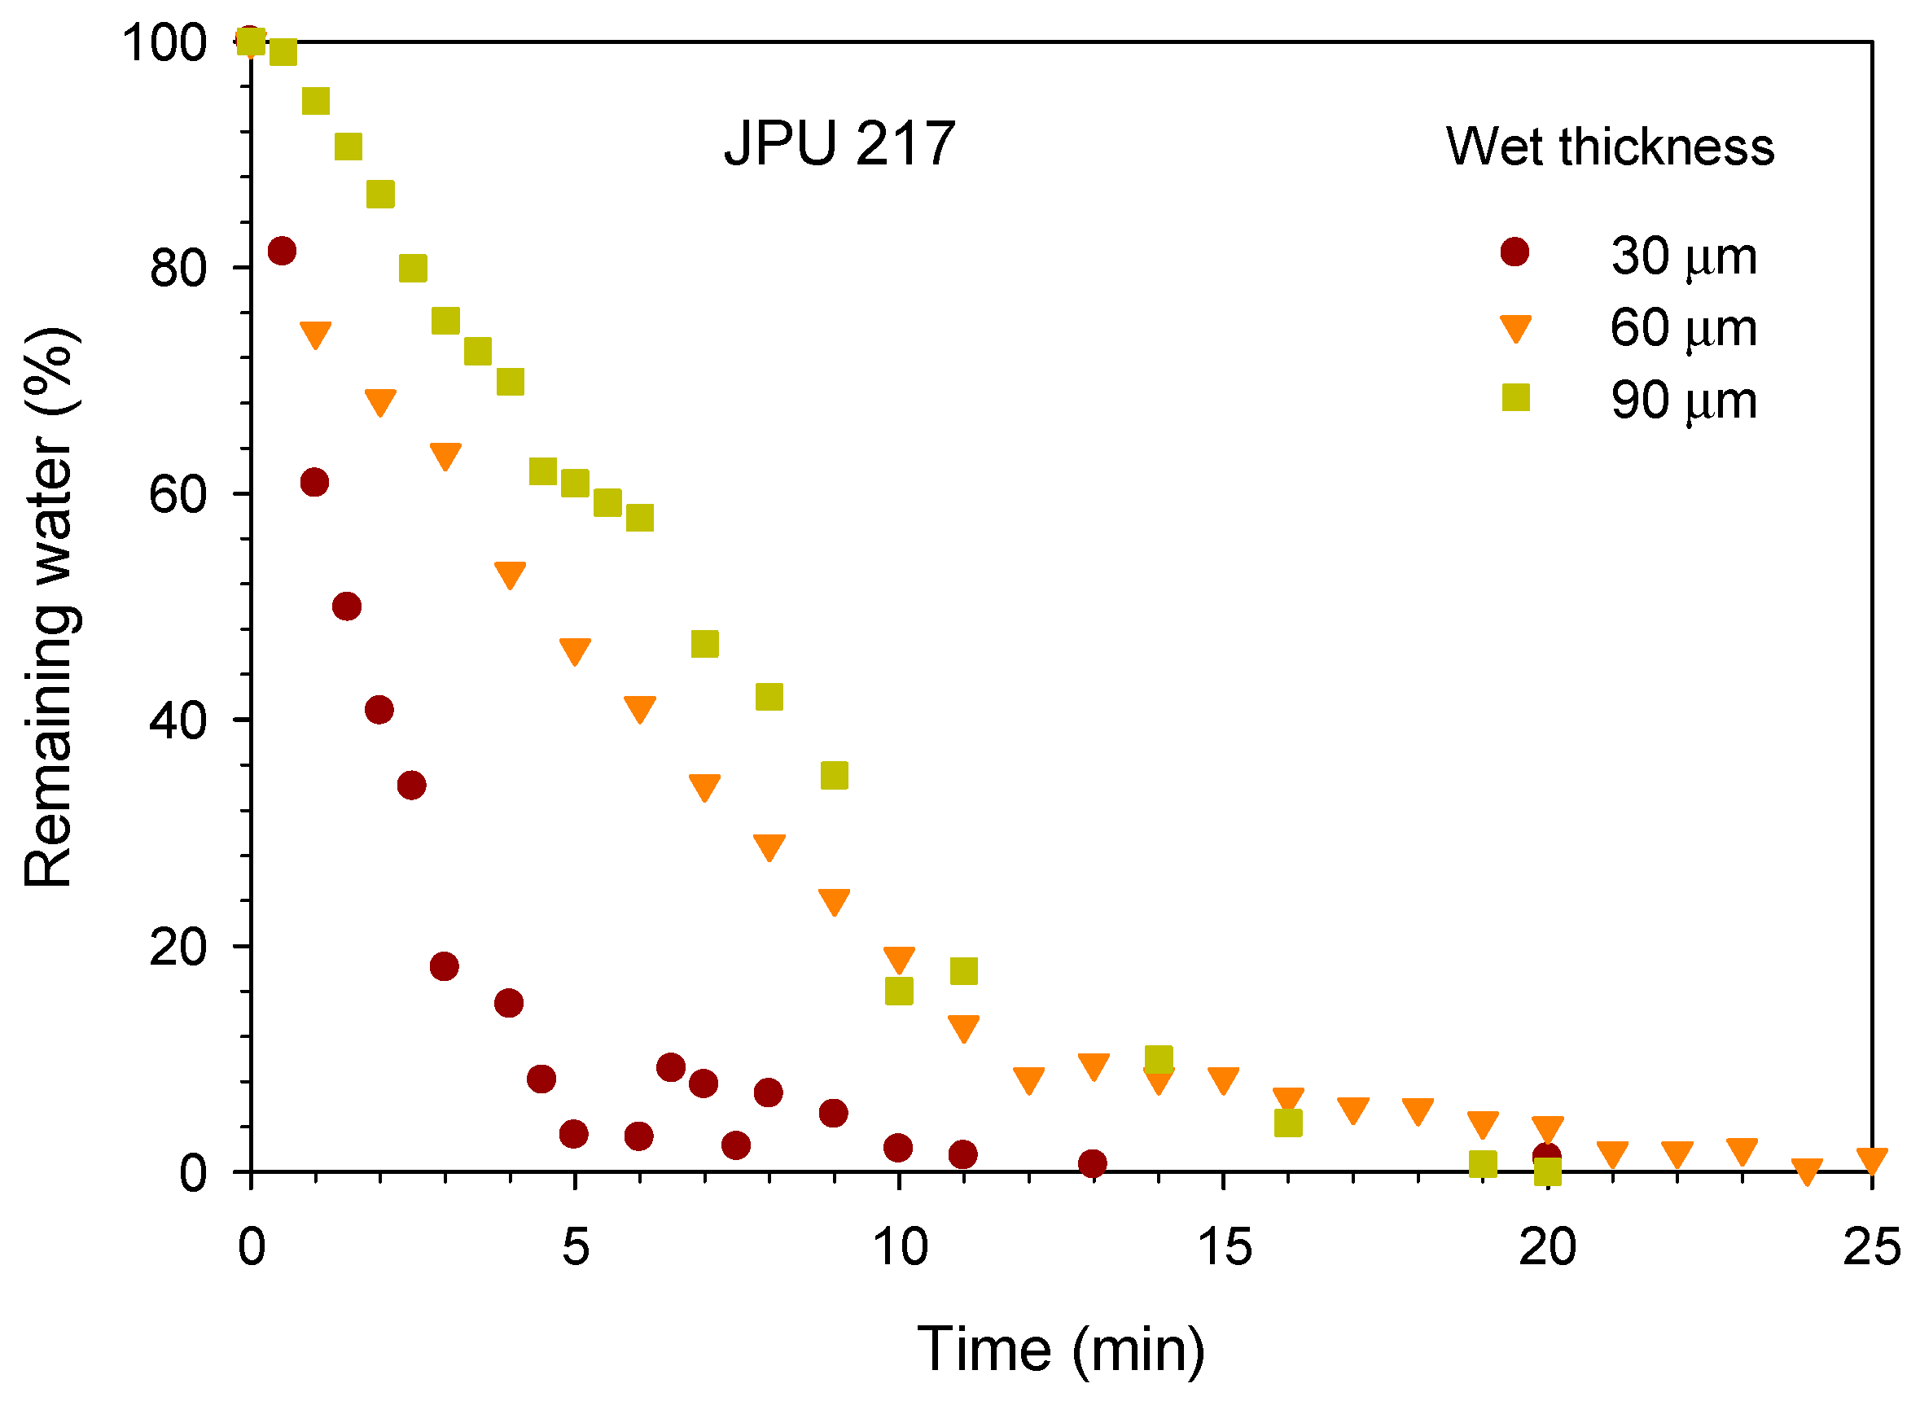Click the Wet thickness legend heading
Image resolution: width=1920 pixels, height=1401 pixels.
pos(1610,146)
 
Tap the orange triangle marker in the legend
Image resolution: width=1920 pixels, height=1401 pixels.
pos(1515,328)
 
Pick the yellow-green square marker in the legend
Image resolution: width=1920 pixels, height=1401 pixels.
pos(1515,397)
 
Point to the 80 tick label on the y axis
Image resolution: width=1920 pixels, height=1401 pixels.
pos(178,268)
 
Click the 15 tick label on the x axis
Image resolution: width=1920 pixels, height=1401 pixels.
pos(1224,1246)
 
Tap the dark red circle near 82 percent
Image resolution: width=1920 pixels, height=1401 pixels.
pos(282,251)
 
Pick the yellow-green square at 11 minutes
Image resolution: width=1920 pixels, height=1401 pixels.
pos(963,970)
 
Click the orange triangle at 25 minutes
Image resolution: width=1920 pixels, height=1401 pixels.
pos(1872,1159)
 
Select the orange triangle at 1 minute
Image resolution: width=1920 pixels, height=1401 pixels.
pos(315,333)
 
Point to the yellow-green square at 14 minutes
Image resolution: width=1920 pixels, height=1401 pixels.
pos(1159,1059)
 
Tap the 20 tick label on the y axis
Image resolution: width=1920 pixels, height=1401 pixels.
pos(178,947)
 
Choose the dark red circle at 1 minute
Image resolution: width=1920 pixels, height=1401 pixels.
pos(314,483)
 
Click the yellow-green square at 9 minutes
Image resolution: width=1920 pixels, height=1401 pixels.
pos(835,775)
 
